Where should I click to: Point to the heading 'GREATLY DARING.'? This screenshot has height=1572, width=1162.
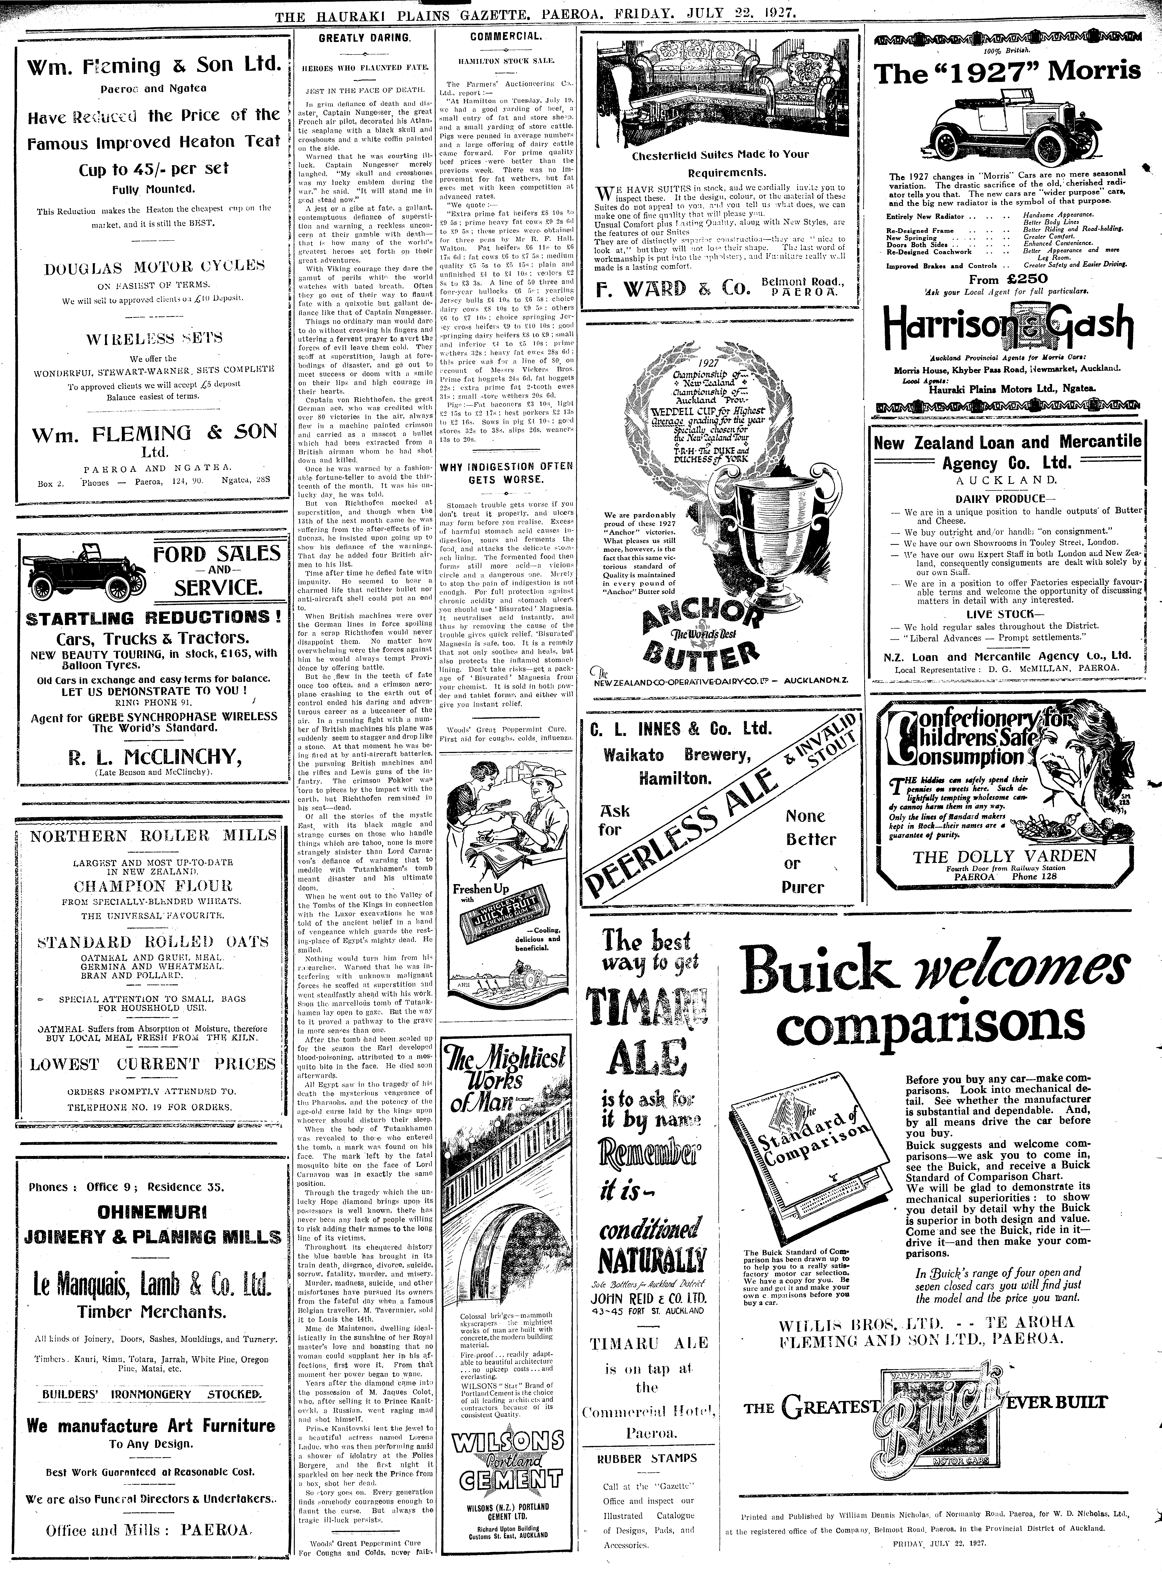(364, 38)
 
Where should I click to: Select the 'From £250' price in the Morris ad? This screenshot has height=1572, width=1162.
(1002, 279)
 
